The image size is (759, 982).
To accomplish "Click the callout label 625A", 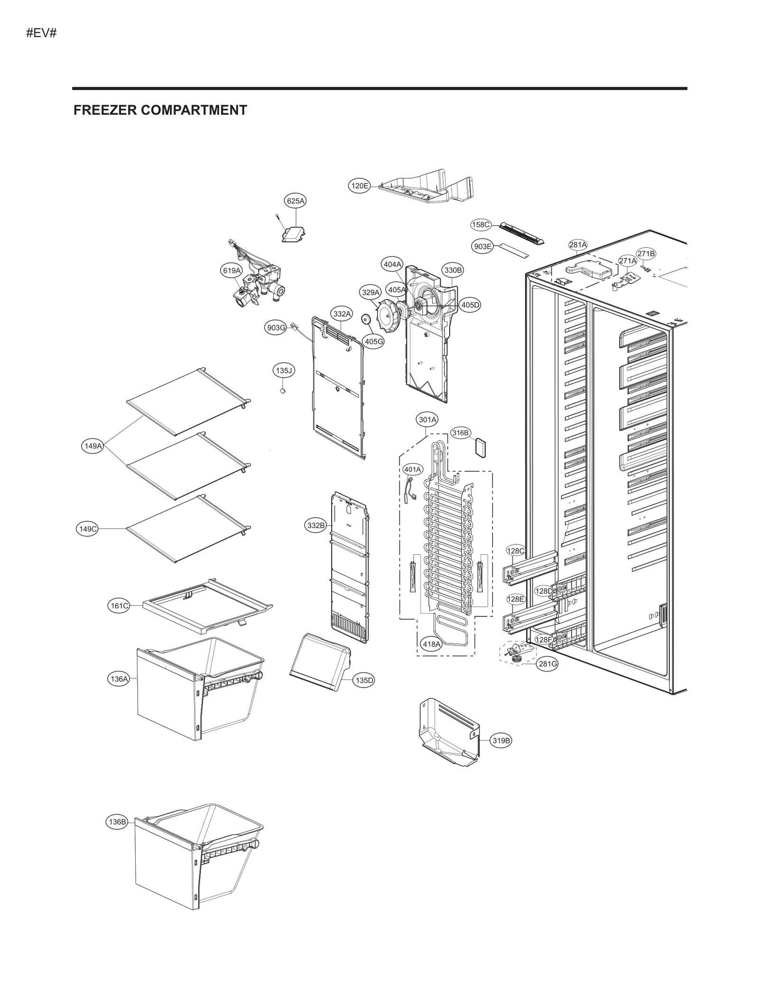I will pos(295,201).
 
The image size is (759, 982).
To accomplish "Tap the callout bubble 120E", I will pos(359,186).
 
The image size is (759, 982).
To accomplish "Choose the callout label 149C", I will pos(87,529).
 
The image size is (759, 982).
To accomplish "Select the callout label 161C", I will pos(119,606).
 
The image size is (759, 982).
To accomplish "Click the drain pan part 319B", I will pos(448,733).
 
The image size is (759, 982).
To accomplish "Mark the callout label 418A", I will pos(431,644).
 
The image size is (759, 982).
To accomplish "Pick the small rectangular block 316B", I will pos(481,447).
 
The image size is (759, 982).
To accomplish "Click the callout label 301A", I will pos(427,420).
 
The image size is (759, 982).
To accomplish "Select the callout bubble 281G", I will pos(547,664).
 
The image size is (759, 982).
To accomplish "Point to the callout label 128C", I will pos(515,551).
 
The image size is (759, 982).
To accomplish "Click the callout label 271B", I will pos(646,254).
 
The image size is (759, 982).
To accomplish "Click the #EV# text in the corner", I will pos(41,33).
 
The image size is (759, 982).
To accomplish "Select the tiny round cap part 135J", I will pos(283,391).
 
